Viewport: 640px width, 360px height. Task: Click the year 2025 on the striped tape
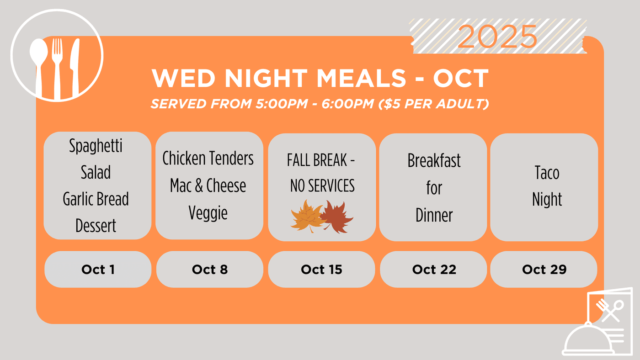click(x=497, y=36)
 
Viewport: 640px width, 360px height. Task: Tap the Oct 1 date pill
click(x=98, y=269)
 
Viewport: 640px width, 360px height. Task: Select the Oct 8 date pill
click(x=210, y=269)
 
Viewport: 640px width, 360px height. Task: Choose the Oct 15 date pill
click(x=321, y=269)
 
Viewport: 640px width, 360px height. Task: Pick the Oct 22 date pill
click(x=433, y=269)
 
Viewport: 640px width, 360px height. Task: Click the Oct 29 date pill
click(x=544, y=269)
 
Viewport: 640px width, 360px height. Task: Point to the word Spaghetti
click(x=96, y=146)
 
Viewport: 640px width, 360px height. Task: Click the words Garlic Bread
click(x=96, y=199)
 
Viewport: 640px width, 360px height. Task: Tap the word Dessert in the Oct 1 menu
click(x=96, y=226)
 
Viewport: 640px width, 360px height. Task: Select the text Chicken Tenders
click(x=208, y=158)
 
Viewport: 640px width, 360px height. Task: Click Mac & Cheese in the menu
click(x=208, y=185)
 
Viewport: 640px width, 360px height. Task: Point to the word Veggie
click(x=208, y=213)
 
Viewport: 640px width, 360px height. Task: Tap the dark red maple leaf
click(x=337, y=217)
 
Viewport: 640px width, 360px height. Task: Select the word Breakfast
click(x=434, y=160)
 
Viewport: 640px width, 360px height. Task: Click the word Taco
click(x=547, y=173)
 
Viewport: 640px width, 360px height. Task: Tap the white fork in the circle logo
click(x=57, y=69)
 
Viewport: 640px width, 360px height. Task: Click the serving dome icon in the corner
click(x=589, y=340)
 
